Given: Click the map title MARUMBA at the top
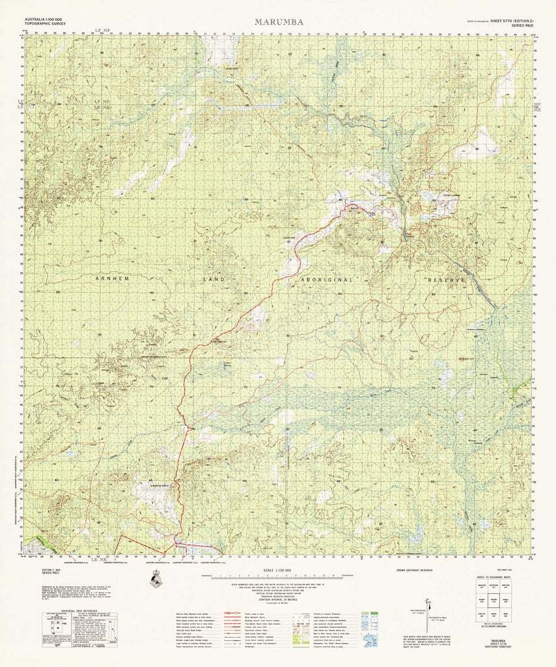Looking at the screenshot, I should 278,21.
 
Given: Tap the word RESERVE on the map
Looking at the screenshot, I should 447,279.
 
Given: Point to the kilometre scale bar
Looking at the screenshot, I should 278,577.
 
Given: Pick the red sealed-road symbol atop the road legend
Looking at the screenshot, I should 232,614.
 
